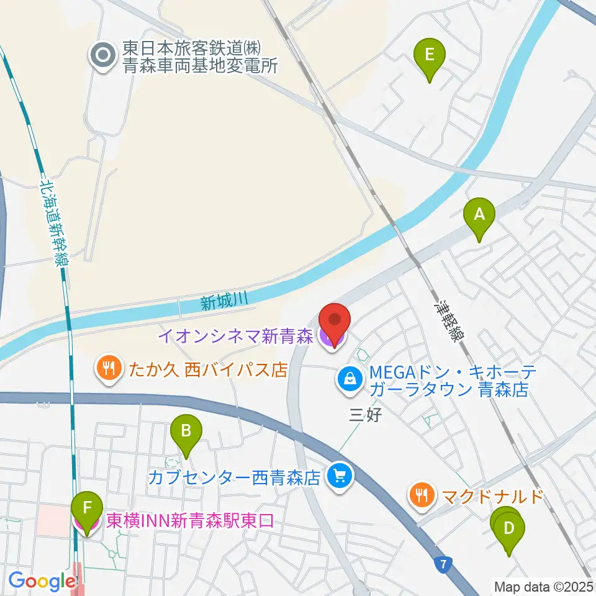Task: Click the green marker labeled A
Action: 479,215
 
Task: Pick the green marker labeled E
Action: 428,56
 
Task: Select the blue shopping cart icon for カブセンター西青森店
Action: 340,477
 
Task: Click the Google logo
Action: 42,581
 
